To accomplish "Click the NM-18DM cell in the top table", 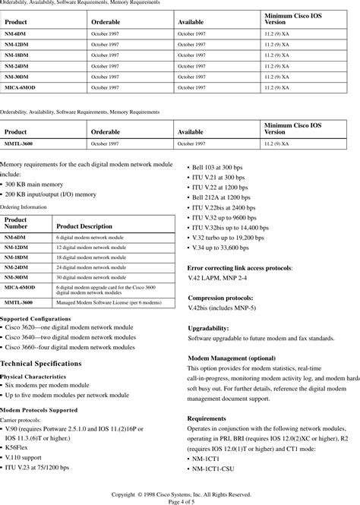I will pyautogui.click(x=16, y=55).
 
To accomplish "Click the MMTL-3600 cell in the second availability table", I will pyautogui.click(x=19, y=143).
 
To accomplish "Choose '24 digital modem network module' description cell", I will pyautogui.click(x=90, y=267).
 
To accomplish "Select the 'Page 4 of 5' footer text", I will pyautogui.click(x=179, y=500).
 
